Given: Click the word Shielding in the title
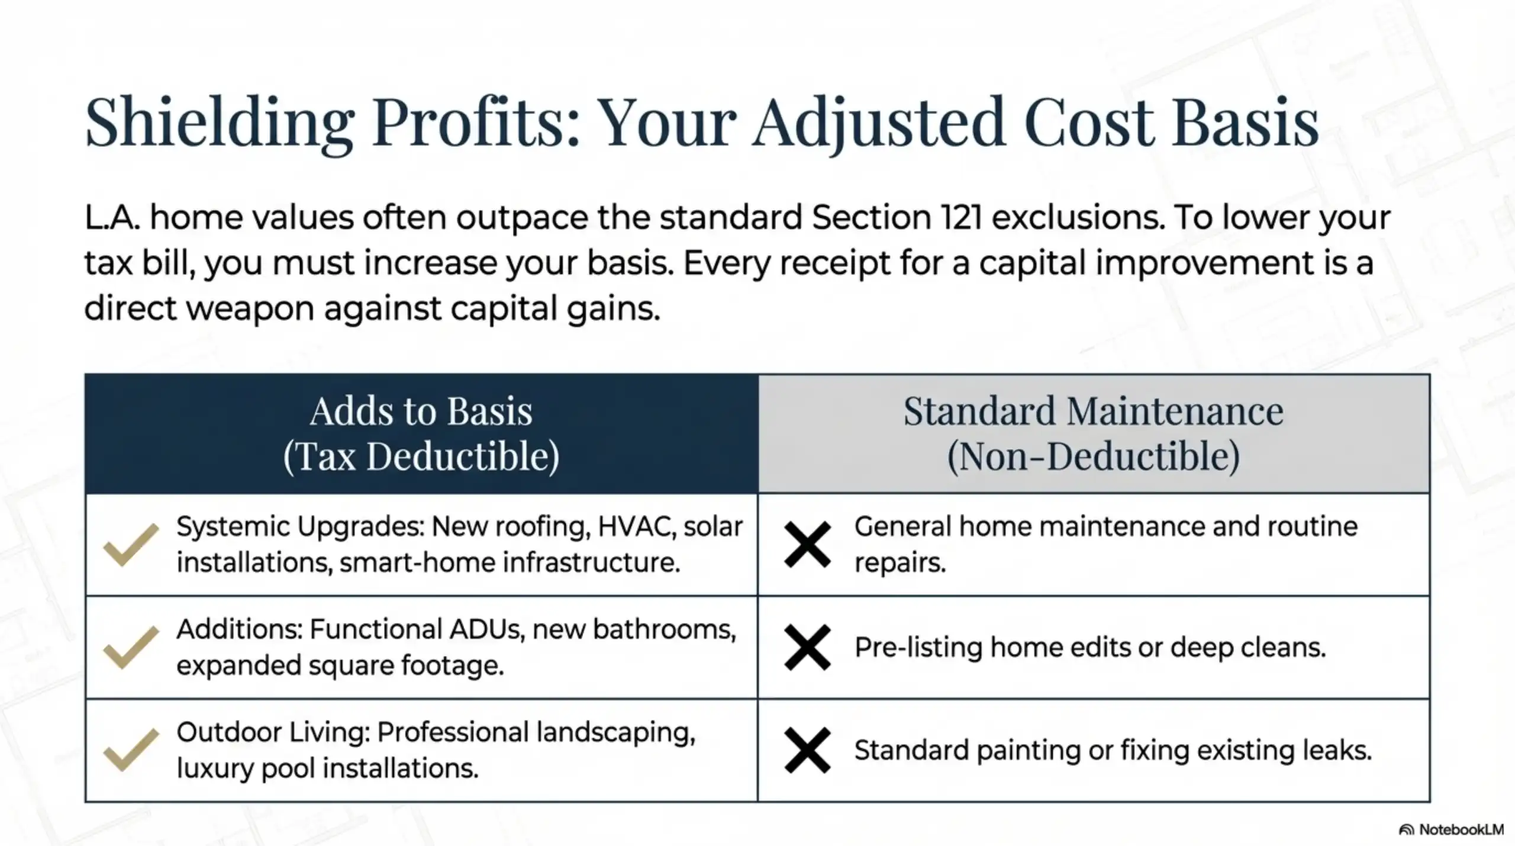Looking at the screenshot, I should [219, 123].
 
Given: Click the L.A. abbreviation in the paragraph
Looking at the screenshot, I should [112, 218].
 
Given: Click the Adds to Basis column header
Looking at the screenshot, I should [421, 411].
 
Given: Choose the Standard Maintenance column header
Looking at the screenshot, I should [1093, 411].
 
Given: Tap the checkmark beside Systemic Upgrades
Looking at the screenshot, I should [131, 545].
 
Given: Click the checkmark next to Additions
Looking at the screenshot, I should [131, 647].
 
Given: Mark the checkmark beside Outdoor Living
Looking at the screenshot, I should [131, 750].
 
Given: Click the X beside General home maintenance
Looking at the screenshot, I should [807, 545].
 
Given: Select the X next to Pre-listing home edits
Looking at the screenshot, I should [807, 647].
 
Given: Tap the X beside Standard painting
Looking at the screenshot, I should [807, 750].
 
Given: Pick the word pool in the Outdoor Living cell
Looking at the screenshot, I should [289, 768].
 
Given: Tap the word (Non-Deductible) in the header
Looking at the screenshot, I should [1093, 456].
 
